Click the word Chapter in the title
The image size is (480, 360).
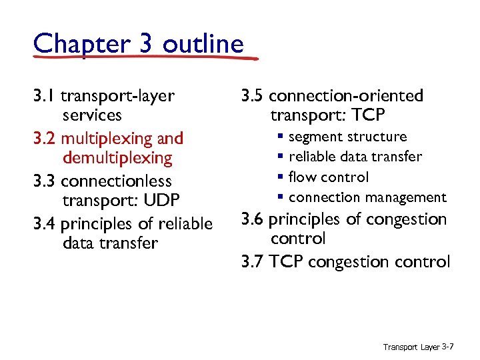(73, 44)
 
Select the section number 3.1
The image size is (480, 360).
(43, 96)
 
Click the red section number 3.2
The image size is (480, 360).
(45, 139)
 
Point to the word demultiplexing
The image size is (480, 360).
(117, 158)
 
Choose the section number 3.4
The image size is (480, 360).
(45, 224)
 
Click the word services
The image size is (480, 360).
(92, 115)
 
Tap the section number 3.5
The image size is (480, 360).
(253, 96)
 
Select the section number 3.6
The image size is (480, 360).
(253, 219)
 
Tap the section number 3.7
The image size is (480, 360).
(253, 262)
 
